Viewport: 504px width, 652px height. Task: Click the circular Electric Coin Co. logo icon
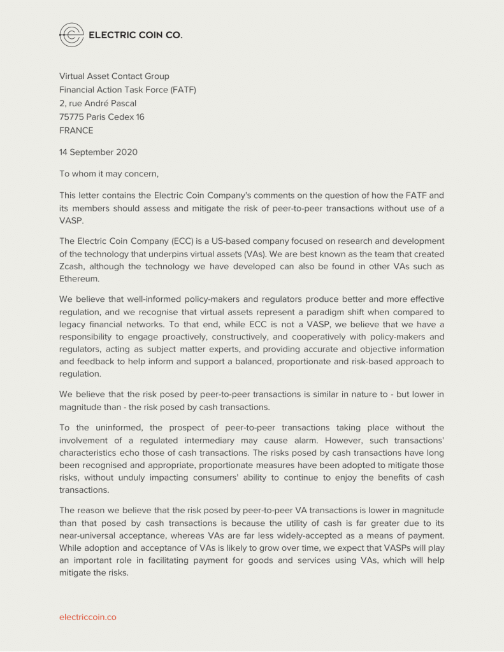click(x=71, y=35)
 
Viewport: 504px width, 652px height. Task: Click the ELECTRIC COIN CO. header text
click(x=136, y=35)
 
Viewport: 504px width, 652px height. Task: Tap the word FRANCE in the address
click(x=76, y=131)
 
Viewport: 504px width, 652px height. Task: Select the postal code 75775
click(x=72, y=117)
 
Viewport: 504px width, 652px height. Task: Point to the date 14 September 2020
click(x=98, y=152)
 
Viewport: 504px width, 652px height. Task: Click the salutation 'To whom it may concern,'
click(x=109, y=173)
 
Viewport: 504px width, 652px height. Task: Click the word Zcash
click(x=74, y=267)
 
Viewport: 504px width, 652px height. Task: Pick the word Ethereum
click(x=80, y=279)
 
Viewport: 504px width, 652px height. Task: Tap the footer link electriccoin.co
click(x=88, y=617)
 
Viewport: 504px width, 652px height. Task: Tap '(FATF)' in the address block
click(x=183, y=90)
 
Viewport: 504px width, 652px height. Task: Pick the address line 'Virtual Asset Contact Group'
click(x=114, y=76)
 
